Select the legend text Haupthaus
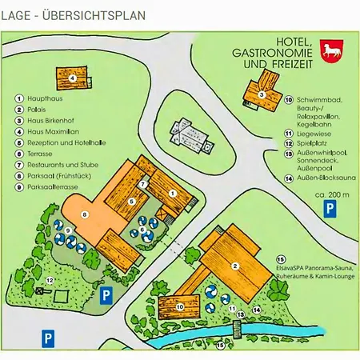coord(45,98)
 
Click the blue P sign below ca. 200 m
coord(329,209)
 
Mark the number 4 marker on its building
coord(72,78)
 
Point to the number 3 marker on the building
coord(262,94)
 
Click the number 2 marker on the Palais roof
coord(236,266)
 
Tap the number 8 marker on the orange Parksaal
coord(85,214)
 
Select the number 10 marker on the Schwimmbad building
coord(179,306)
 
